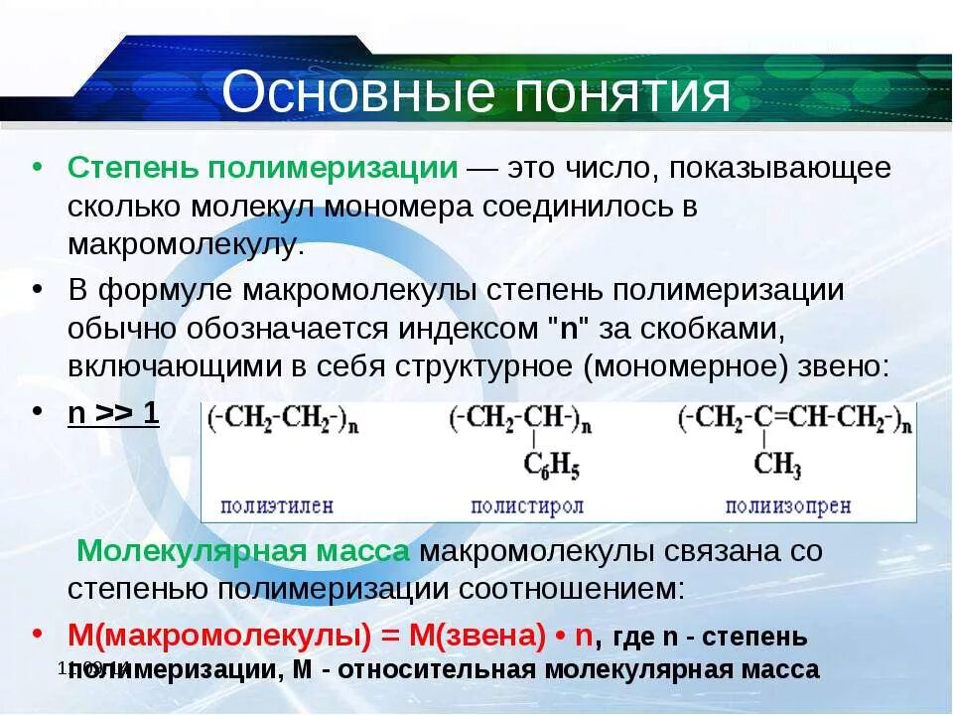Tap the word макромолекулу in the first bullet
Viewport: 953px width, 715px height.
pyautogui.click(x=185, y=243)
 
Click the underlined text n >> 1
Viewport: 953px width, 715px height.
pyautogui.click(x=113, y=413)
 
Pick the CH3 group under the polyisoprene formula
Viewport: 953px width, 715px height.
pyautogui.click(x=776, y=463)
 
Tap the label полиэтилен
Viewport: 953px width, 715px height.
pyautogui.click(x=277, y=505)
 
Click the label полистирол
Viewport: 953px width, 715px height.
pyautogui.click(x=527, y=505)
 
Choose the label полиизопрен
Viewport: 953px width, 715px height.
pyautogui.click(x=788, y=505)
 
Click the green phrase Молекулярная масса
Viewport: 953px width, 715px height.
pyautogui.click(x=243, y=551)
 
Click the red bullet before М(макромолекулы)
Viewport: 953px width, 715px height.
pyautogui.click(x=37, y=634)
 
